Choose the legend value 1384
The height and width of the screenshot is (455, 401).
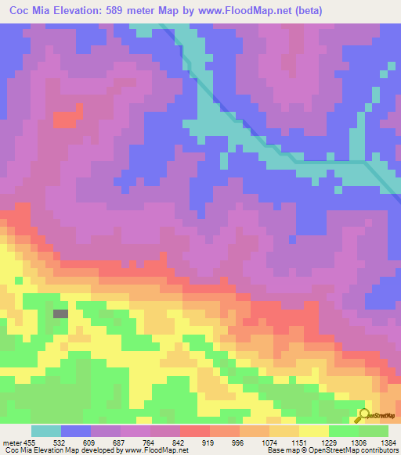pyautogui.click(x=387, y=442)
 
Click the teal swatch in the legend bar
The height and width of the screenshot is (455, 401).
pyautogui.click(x=46, y=431)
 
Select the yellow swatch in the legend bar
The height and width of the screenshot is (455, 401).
pyautogui.click(x=314, y=431)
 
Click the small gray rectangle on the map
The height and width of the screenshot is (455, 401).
pyautogui.click(x=60, y=313)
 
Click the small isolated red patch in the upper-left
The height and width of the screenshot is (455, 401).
pyautogui.click(x=66, y=119)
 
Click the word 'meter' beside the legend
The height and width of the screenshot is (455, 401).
pyautogui.click(x=11, y=442)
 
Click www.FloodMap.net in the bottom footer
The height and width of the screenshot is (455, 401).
pyautogui.click(x=161, y=451)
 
